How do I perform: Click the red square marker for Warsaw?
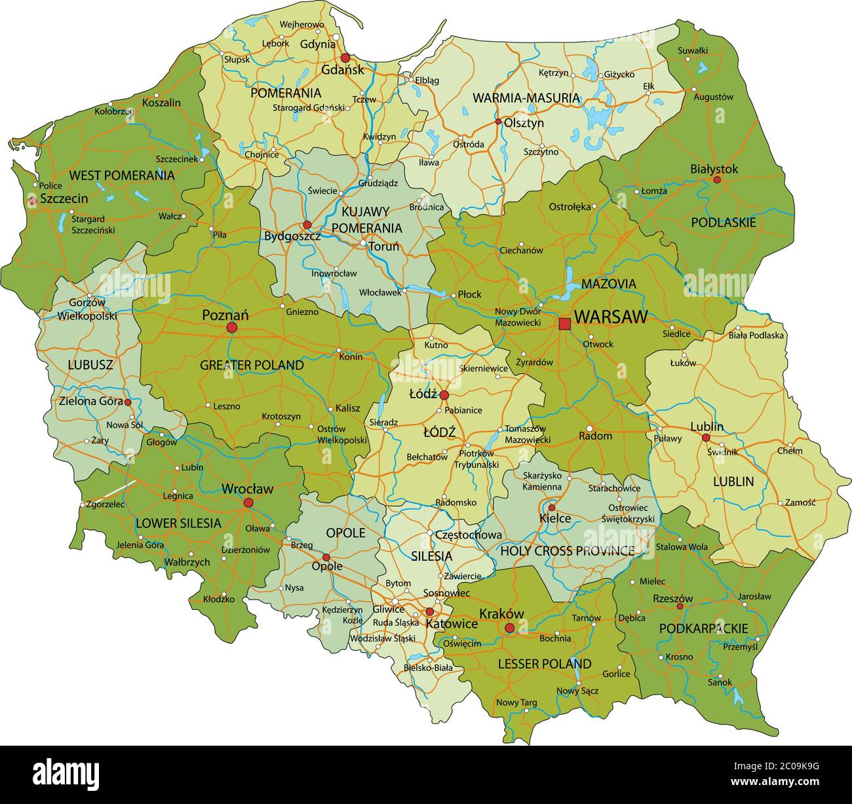tap(564, 323)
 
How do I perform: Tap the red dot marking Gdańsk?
tap(345, 58)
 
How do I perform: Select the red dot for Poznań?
tap(231, 327)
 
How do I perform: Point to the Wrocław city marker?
tap(248, 503)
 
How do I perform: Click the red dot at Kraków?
tap(509, 628)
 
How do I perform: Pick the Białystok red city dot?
tap(717, 180)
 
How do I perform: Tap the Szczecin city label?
tap(64, 198)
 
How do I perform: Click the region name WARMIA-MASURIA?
tap(526, 98)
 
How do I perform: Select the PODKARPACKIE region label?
tap(703, 628)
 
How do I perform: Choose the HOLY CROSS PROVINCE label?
tap(567, 551)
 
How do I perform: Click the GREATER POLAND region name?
tap(252, 365)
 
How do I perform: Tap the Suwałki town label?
tap(693, 50)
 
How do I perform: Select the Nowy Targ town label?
tap(516, 702)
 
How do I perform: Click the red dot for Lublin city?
tap(706, 438)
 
